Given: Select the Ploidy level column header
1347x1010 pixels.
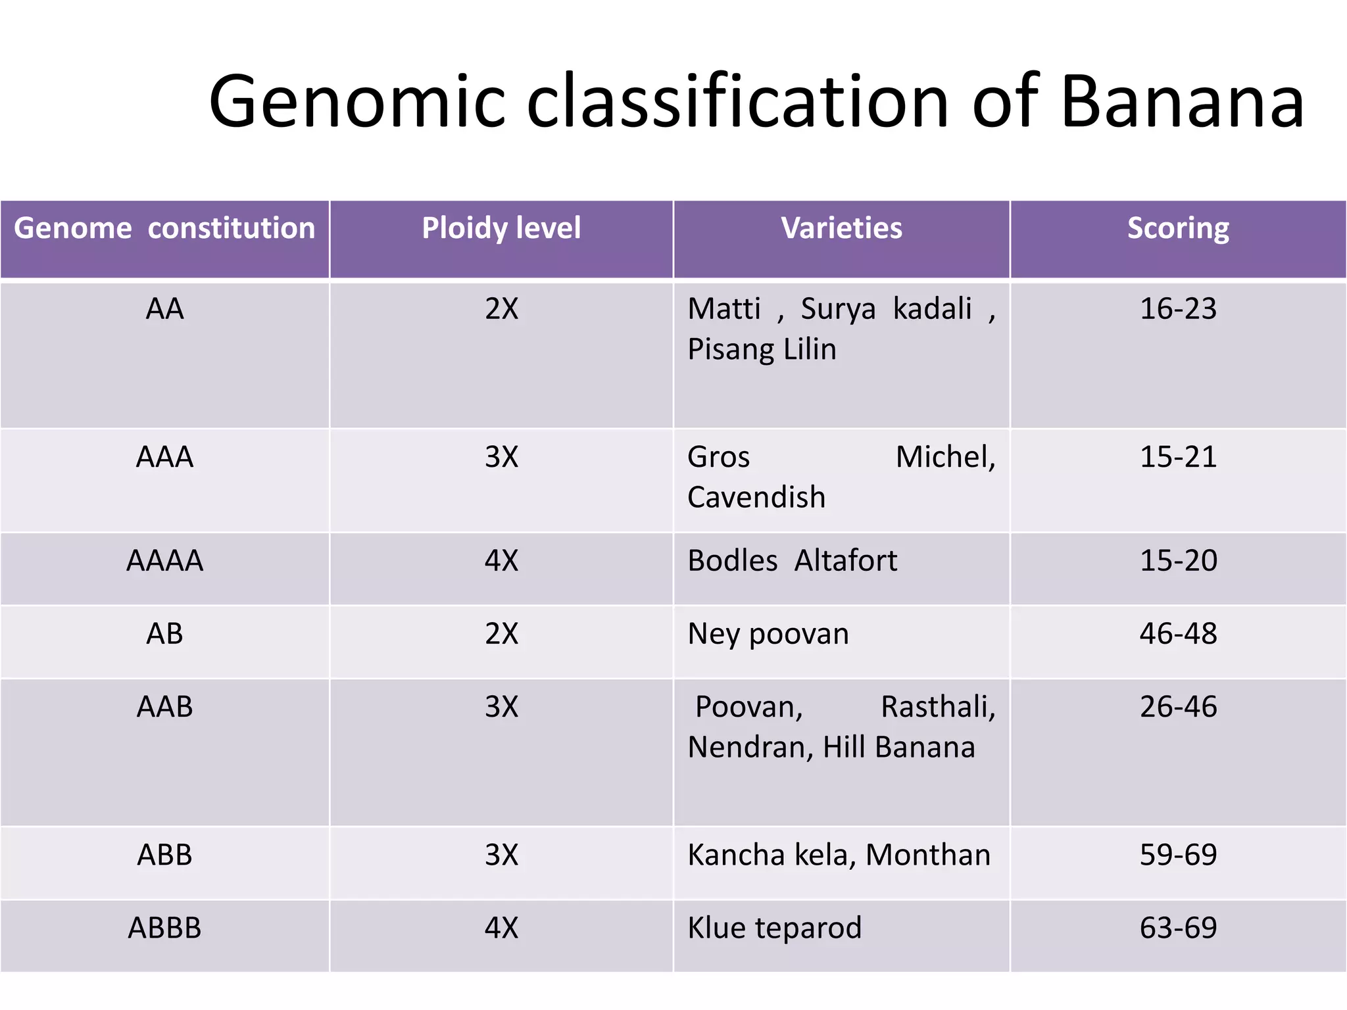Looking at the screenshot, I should tap(501, 228).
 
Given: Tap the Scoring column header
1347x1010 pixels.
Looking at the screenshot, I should tap(1178, 228).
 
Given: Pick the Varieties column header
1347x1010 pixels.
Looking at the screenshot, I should tap(841, 228).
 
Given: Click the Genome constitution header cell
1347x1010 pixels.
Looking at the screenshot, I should tap(164, 228).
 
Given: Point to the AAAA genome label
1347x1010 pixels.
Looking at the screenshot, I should tap(164, 561).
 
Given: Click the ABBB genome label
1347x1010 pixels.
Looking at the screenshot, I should tap(164, 928).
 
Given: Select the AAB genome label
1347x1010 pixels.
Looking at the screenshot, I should tap(164, 707).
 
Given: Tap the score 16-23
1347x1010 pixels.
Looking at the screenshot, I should tap(1178, 308).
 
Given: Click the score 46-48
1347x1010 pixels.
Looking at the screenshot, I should tap(1178, 634).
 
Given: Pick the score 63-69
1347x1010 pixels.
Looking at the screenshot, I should tap(1178, 928).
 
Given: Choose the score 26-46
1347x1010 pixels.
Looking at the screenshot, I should tap(1178, 707).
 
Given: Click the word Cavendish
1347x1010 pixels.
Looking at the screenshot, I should tap(756, 497).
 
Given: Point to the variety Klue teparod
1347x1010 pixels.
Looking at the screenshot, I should tap(774, 928).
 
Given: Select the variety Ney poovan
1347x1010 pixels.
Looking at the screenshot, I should tap(768, 634).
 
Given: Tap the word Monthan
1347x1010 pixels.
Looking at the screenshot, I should tap(928, 855).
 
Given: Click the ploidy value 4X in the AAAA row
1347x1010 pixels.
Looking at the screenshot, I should tap(501, 561).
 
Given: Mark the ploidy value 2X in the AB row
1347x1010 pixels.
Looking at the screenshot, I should tap(501, 634).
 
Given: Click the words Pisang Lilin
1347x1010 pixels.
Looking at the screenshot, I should tap(762, 349).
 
